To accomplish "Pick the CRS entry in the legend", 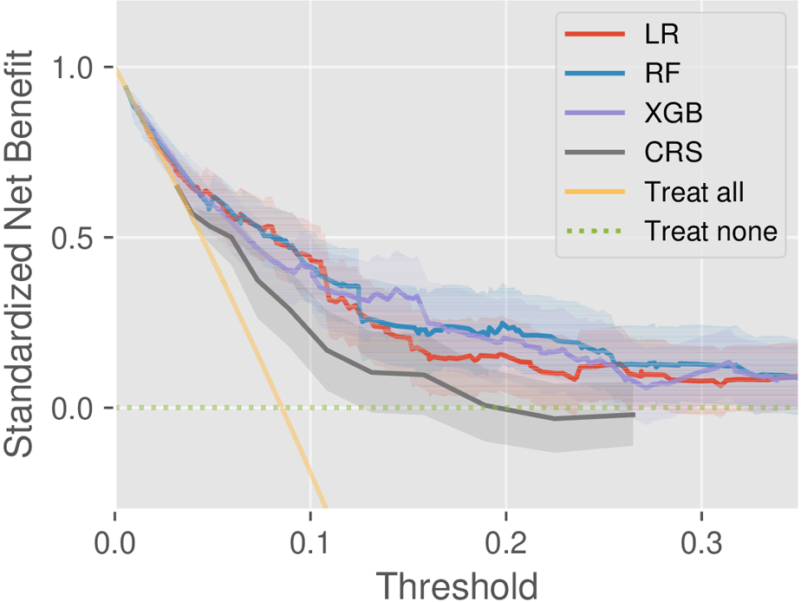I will [x=674, y=153].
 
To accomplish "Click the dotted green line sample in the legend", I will [x=595, y=232].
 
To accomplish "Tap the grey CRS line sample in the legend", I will [x=595, y=153].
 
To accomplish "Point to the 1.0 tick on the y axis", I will [x=76, y=68].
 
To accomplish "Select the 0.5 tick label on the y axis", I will [x=76, y=238].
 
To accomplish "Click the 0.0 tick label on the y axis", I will [x=76, y=408].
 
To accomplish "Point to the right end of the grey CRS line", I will [x=635, y=415].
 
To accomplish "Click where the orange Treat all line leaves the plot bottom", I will [x=325, y=507].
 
